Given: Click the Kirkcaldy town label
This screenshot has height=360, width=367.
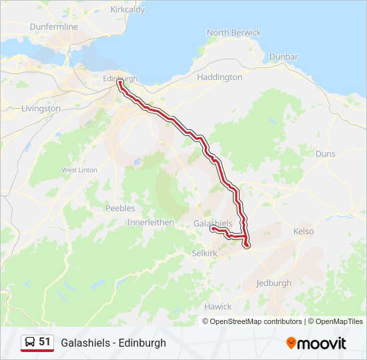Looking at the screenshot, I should tap(127, 10).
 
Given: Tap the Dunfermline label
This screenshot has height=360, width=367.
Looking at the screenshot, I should tap(54, 27).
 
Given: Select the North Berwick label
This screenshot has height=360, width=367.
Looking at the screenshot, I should tap(234, 33).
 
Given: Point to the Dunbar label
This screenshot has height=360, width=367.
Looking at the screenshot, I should tap(284, 57).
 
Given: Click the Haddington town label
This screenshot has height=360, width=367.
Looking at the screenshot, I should tap(220, 77).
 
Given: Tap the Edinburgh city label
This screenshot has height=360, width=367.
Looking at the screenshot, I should tap(119, 78).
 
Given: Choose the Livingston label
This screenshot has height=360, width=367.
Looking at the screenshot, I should tap(41, 108).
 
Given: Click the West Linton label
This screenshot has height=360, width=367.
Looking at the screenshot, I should tap(79, 170).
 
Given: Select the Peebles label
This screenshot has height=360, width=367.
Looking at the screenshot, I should tap(120, 208).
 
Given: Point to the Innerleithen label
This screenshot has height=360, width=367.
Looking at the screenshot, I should tap(150, 222).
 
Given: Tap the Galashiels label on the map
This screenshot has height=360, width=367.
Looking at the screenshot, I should tap(213, 223).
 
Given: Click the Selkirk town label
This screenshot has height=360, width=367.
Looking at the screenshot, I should tap(205, 255).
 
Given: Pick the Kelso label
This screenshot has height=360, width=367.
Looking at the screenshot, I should tap(304, 231).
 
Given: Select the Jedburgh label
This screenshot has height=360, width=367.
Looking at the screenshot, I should tap(274, 283).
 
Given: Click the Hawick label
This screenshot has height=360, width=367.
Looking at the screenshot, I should tap(218, 307).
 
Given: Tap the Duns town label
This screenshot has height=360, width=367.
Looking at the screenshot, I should tap(326, 153).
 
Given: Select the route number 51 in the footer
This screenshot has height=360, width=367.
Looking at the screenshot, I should tap(45, 342).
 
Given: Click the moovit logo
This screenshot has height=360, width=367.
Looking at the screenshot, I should tap(316, 343).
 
